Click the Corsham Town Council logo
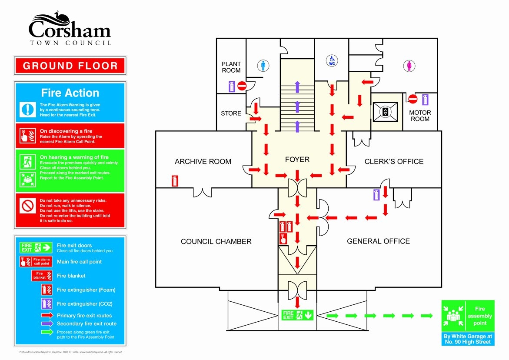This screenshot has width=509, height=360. pyautogui.click(x=70, y=29)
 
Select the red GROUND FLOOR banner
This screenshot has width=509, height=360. pyautogui.click(x=70, y=66)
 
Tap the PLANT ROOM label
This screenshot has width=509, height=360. pyautogui.click(x=231, y=67)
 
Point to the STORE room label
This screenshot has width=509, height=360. pyautogui.click(x=231, y=113)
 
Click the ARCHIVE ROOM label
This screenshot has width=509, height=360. pyautogui.click(x=203, y=161)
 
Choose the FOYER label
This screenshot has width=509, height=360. pyautogui.click(x=297, y=160)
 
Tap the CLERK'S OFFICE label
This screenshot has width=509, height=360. pyautogui.click(x=394, y=161)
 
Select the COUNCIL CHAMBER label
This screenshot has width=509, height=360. pyautogui.click(x=216, y=241)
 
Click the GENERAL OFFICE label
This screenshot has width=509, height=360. pyautogui.click(x=378, y=241)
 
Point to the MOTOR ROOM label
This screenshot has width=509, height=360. pyautogui.click(x=420, y=116)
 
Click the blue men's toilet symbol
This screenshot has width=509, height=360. pyautogui.click(x=263, y=65)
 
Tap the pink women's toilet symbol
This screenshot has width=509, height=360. pyautogui.click(x=409, y=66)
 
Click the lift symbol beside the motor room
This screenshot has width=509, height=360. pyautogui.click(x=385, y=112)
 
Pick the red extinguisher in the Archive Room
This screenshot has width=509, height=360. pyautogui.click(x=175, y=180)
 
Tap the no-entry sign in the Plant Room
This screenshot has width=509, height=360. pyautogui.click(x=242, y=86)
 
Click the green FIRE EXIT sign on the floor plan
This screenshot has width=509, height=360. pyautogui.click(x=298, y=315)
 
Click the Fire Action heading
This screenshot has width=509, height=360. pyautogui.click(x=70, y=93)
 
